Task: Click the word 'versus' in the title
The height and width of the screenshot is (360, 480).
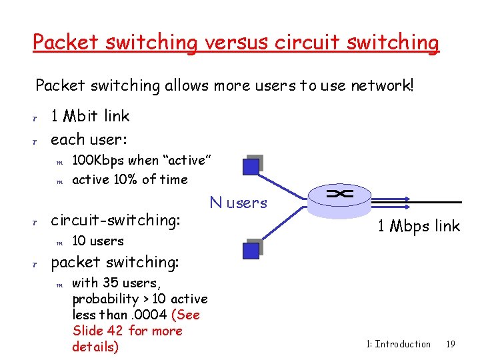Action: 234,43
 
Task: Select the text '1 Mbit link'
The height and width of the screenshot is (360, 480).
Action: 90,116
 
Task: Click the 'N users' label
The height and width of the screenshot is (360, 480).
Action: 238,203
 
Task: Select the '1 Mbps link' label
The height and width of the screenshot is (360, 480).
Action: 419,226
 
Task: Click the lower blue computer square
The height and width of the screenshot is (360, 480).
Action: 251,249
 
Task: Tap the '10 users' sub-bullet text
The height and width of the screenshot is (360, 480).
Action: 98,241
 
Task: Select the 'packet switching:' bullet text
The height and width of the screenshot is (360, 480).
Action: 115,262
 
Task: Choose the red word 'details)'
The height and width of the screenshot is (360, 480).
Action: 95,347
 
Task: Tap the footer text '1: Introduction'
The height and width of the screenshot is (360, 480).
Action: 399,344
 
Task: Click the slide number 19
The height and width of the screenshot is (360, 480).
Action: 451,344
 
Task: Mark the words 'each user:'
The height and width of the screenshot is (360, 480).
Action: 89,139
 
